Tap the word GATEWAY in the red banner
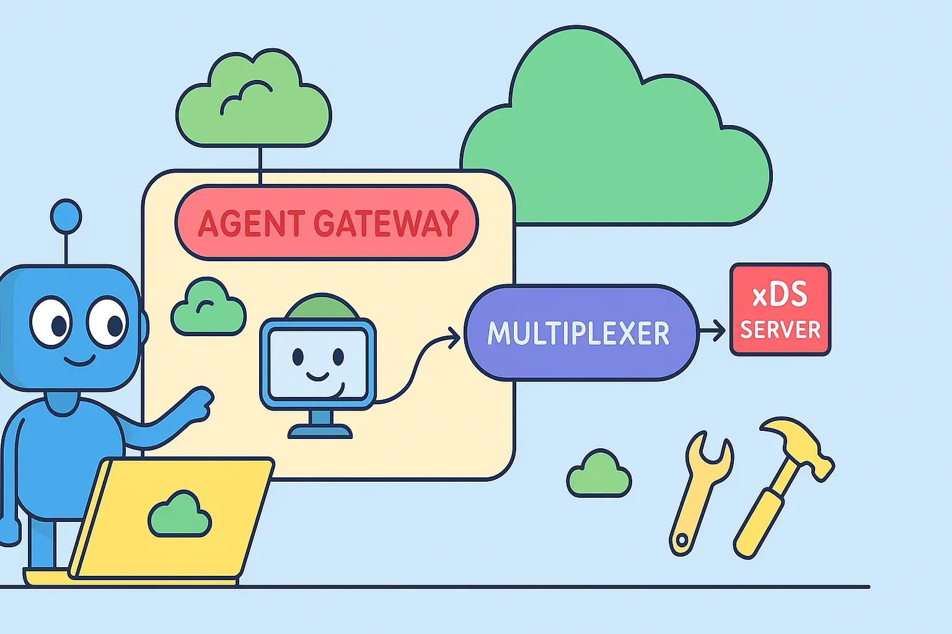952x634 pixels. point(386,224)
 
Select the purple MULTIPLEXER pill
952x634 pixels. point(579,332)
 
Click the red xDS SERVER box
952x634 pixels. point(780,310)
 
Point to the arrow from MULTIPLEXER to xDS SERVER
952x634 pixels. point(713,331)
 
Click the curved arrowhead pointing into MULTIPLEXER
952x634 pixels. point(454,337)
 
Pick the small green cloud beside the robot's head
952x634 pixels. point(208,308)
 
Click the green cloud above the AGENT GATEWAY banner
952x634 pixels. point(254,102)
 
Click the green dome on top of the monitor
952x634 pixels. point(321,307)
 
